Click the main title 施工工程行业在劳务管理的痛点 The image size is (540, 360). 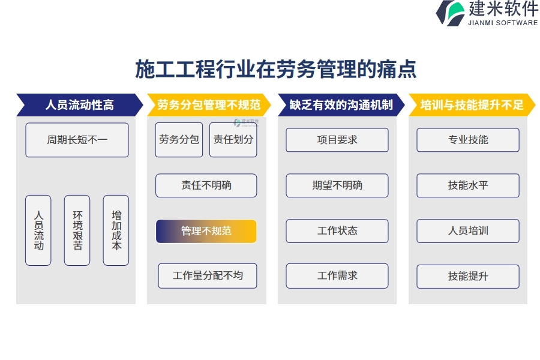(x=276, y=69)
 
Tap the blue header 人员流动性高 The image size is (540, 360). (x=80, y=105)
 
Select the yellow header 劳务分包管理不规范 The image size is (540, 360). (x=209, y=105)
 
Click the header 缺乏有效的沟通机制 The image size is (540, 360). (x=341, y=105)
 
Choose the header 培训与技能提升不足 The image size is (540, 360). (x=472, y=105)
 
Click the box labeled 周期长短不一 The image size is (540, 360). (x=77, y=140)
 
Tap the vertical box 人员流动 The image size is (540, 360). (x=38, y=230)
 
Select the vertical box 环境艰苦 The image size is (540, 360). (x=77, y=230)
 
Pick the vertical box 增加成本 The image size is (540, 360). (x=116, y=230)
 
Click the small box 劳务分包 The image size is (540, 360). (x=179, y=140)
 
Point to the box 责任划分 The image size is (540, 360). (x=233, y=140)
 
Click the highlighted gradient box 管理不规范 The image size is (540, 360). (x=206, y=231)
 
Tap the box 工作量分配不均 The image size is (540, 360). (x=208, y=275)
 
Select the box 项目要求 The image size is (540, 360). (x=337, y=140)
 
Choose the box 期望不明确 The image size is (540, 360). (x=337, y=185)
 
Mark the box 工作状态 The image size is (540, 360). (x=337, y=231)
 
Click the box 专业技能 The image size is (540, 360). (x=468, y=140)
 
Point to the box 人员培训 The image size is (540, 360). (x=468, y=231)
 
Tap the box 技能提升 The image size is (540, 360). (x=468, y=276)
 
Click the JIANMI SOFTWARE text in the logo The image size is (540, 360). (x=503, y=23)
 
